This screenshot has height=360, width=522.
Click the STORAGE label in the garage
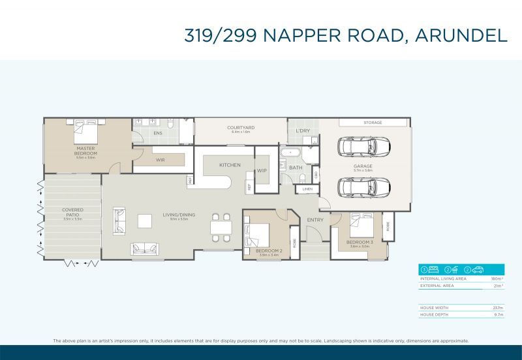373,123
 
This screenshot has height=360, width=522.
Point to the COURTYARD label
241,128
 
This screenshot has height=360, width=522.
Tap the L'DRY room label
302,131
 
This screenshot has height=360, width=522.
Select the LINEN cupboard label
307,189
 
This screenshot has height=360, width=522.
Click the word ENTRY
315,220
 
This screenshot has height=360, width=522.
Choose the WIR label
159,159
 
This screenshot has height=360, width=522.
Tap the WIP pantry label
262,171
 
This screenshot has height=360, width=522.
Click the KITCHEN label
230,165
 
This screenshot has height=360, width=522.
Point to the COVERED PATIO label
72,213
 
